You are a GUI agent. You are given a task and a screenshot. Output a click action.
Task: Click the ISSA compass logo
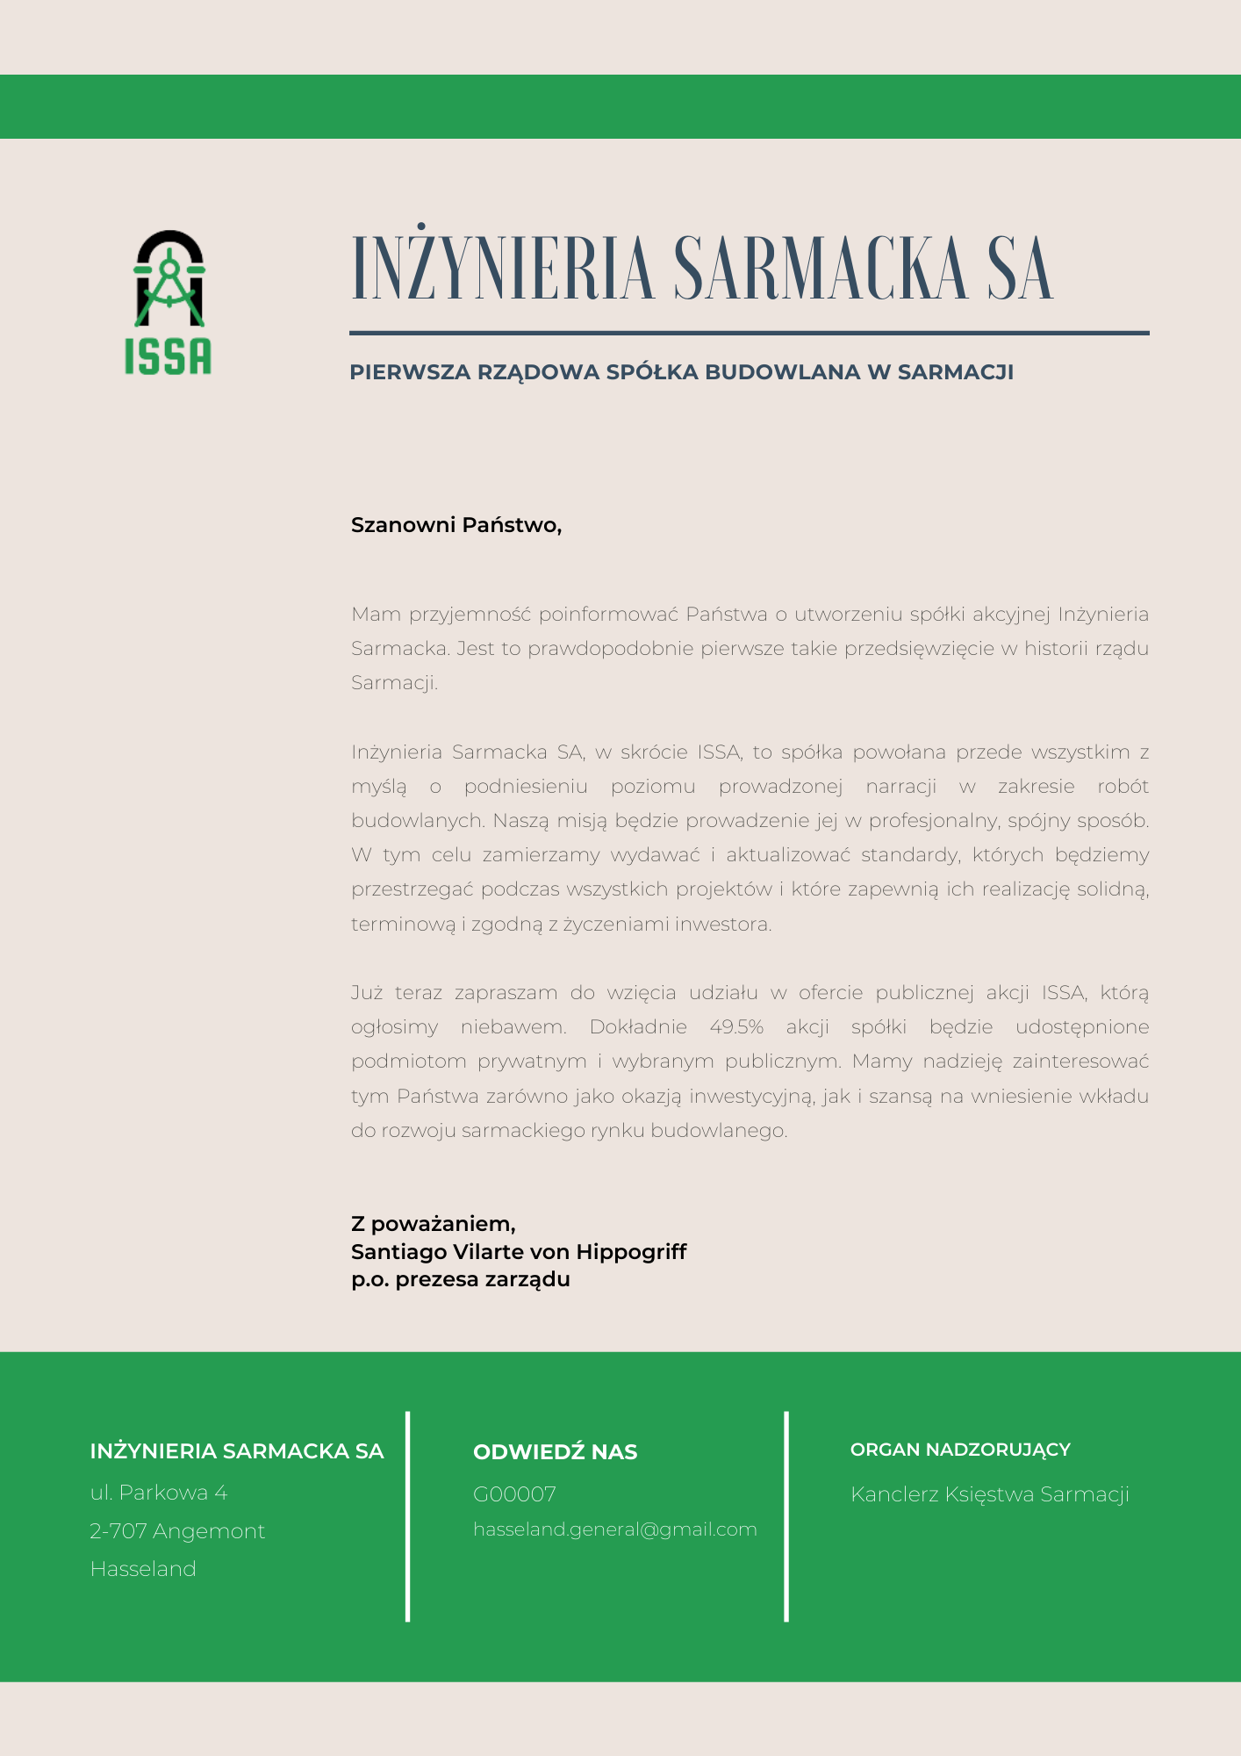[x=169, y=301]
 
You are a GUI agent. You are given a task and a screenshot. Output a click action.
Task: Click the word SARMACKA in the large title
[x=821, y=269]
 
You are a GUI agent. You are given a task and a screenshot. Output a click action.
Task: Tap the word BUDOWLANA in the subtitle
[x=783, y=372]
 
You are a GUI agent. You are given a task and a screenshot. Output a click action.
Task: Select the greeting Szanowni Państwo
[x=456, y=525]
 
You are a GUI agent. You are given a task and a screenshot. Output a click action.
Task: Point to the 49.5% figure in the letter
[x=736, y=1027]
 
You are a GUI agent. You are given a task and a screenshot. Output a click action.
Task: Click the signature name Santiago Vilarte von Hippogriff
[x=518, y=1251]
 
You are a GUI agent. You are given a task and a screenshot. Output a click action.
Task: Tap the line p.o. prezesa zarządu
[x=460, y=1279]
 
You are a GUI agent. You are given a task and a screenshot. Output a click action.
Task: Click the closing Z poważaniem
[x=433, y=1223]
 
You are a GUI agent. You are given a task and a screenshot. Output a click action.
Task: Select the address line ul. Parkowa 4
[x=159, y=1493]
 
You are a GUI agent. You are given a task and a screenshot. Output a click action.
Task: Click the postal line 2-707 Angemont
[x=177, y=1531]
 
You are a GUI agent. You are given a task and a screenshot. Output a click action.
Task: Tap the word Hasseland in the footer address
[x=143, y=1569]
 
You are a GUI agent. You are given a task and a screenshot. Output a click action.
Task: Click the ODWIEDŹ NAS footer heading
[x=555, y=1452]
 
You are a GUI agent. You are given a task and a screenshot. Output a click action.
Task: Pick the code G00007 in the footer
[x=514, y=1493]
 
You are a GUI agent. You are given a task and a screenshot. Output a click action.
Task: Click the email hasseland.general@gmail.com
[x=614, y=1529]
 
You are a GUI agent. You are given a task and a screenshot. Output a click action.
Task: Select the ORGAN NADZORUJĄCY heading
[x=960, y=1450]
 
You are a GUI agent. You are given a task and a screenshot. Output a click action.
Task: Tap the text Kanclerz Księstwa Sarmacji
[x=989, y=1494]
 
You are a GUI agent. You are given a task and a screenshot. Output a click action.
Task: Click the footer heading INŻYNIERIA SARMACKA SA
[x=237, y=1451]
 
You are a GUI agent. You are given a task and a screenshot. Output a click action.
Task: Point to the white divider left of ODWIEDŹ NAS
[x=408, y=1516]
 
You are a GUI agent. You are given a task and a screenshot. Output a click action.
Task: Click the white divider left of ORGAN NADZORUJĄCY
[x=786, y=1516]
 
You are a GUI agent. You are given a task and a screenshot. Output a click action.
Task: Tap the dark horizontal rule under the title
[x=749, y=333]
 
